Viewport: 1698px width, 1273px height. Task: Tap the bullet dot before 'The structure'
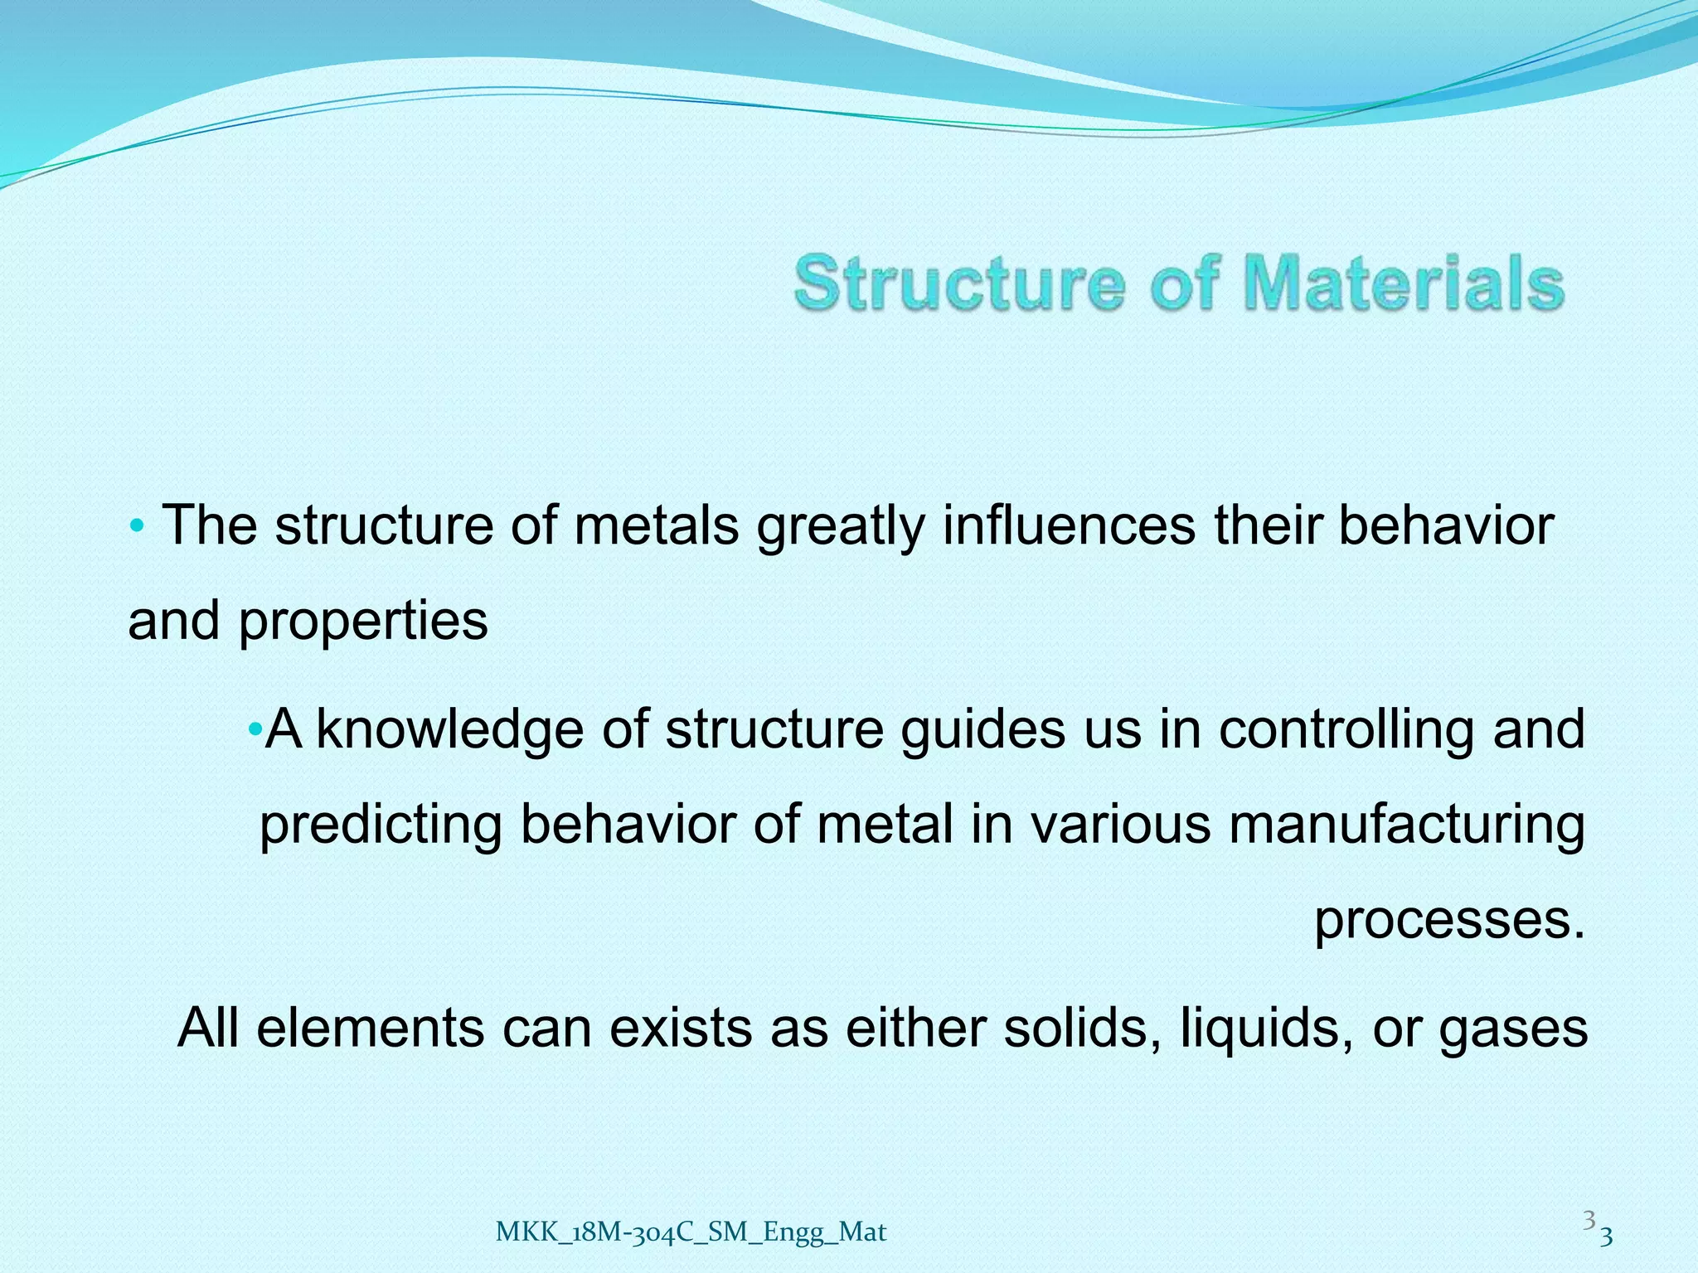click(x=138, y=525)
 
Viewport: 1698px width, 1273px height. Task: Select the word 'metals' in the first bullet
click(x=656, y=525)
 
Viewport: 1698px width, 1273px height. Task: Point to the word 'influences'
click(x=1069, y=525)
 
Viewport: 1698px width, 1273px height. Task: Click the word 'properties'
click(x=363, y=621)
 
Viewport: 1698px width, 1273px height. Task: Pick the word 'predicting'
click(x=381, y=825)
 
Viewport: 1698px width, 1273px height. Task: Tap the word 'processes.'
click(x=1450, y=920)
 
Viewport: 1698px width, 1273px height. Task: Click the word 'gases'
click(x=1513, y=1029)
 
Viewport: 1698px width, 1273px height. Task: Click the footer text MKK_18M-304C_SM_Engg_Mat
click(x=691, y=1232)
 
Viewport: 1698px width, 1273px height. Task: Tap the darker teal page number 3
click(x=1606, y=1237)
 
